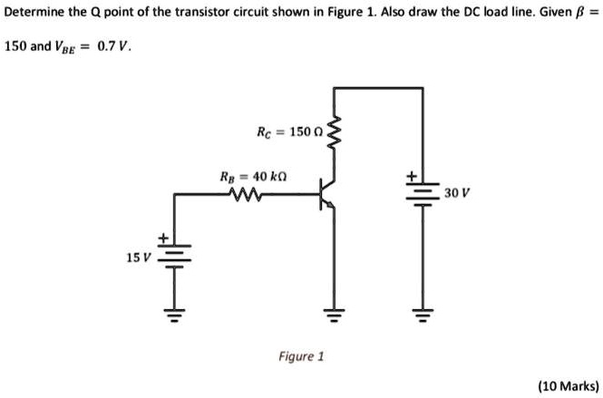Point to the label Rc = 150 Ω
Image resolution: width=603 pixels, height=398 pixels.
287,132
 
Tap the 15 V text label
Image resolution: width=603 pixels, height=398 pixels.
138,257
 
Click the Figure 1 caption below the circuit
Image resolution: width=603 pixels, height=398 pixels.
301,356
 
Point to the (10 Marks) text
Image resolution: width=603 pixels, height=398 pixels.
568,385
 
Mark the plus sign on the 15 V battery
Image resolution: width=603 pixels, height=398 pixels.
163,238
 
